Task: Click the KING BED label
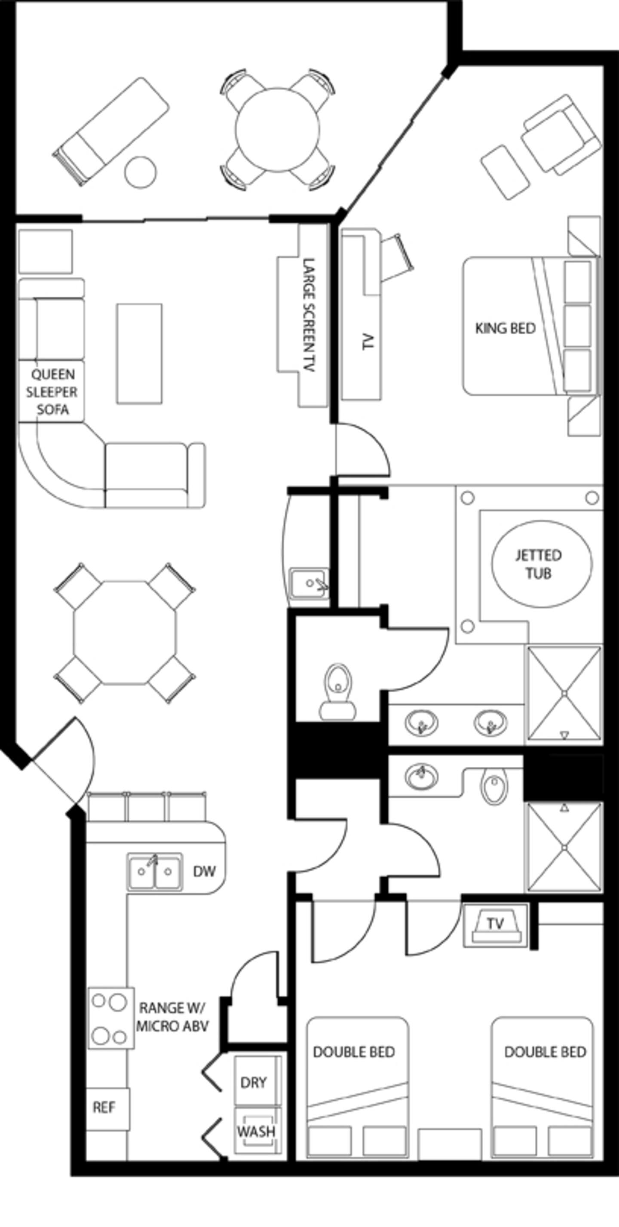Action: (x=505, y=328)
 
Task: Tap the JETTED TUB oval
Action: (x=542, y=564)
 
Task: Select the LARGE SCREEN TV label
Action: (x=309, y=315)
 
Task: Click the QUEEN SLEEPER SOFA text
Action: (x=52, y=392)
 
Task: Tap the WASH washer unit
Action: (x=257, y=1131)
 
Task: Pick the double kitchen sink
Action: (x=155, y=872)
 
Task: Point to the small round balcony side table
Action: (x=141, y=172)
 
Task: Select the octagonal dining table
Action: (x=125, y=633)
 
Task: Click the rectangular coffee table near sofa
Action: (x=139, y=353)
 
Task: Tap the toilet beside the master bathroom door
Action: (x=338, y=692)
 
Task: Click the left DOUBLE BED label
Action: (x=354, y=1052)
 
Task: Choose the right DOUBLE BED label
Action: (x=545, y=1052)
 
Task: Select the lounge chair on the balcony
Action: (x=110, y=131)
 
